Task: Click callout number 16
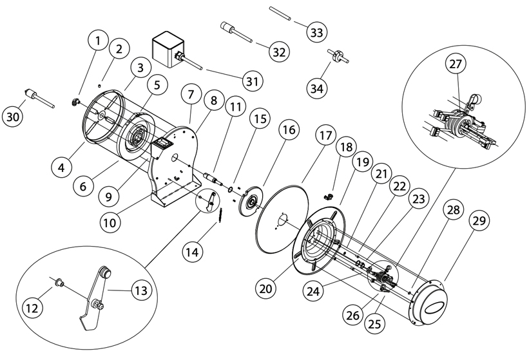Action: tap(289, 130)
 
